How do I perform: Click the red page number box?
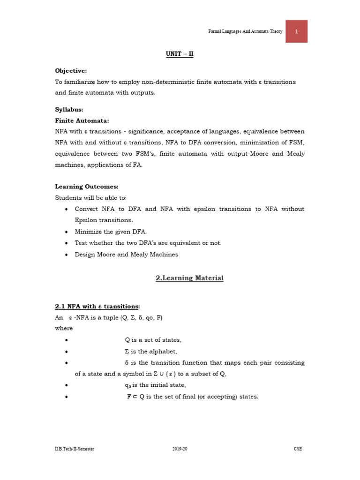(x=296, y=31)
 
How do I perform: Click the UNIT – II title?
(x=180, y=54)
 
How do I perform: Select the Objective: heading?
(x=71, y=70)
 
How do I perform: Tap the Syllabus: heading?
(x=69, y=109)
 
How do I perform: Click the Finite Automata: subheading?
(x=82, y=120)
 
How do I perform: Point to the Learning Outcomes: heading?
(x=86, y=187)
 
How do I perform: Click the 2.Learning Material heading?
(x=189, y=278)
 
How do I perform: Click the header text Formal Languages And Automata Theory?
(x=245, y=31)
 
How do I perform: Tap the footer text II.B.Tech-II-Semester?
(x=75, y=449)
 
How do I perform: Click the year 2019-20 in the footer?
(x=180, y=449)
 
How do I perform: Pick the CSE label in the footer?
(x=298, y=449)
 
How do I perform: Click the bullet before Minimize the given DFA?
(x=67, y=232)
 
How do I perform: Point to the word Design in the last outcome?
(x=85, y=255)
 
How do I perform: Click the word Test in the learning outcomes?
(x=81, y=243)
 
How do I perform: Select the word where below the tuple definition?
(x=64, y=328)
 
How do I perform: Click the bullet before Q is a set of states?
(x=67, y=340)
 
